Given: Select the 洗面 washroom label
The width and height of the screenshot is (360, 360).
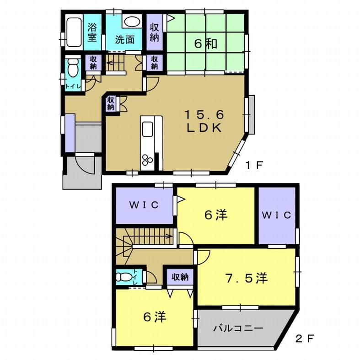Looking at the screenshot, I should (x=124, y=39).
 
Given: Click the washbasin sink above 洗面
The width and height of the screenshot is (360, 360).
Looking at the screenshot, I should (x=132, y=22).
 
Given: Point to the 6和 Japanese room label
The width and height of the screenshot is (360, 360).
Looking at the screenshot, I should (x=204, y=44).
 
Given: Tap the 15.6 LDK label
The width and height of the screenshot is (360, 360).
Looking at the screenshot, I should (x=204, y=120).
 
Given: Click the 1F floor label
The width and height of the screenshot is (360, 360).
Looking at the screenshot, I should (x=253, y=166).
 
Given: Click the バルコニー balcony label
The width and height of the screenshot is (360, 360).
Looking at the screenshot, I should (x=238, y=328).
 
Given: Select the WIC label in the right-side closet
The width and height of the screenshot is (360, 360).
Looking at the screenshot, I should (x=277, y=215).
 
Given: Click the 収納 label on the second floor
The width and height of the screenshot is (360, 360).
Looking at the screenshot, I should (x=180, y=276).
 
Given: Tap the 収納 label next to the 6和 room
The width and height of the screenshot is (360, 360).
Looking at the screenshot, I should (x=154, y=32).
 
